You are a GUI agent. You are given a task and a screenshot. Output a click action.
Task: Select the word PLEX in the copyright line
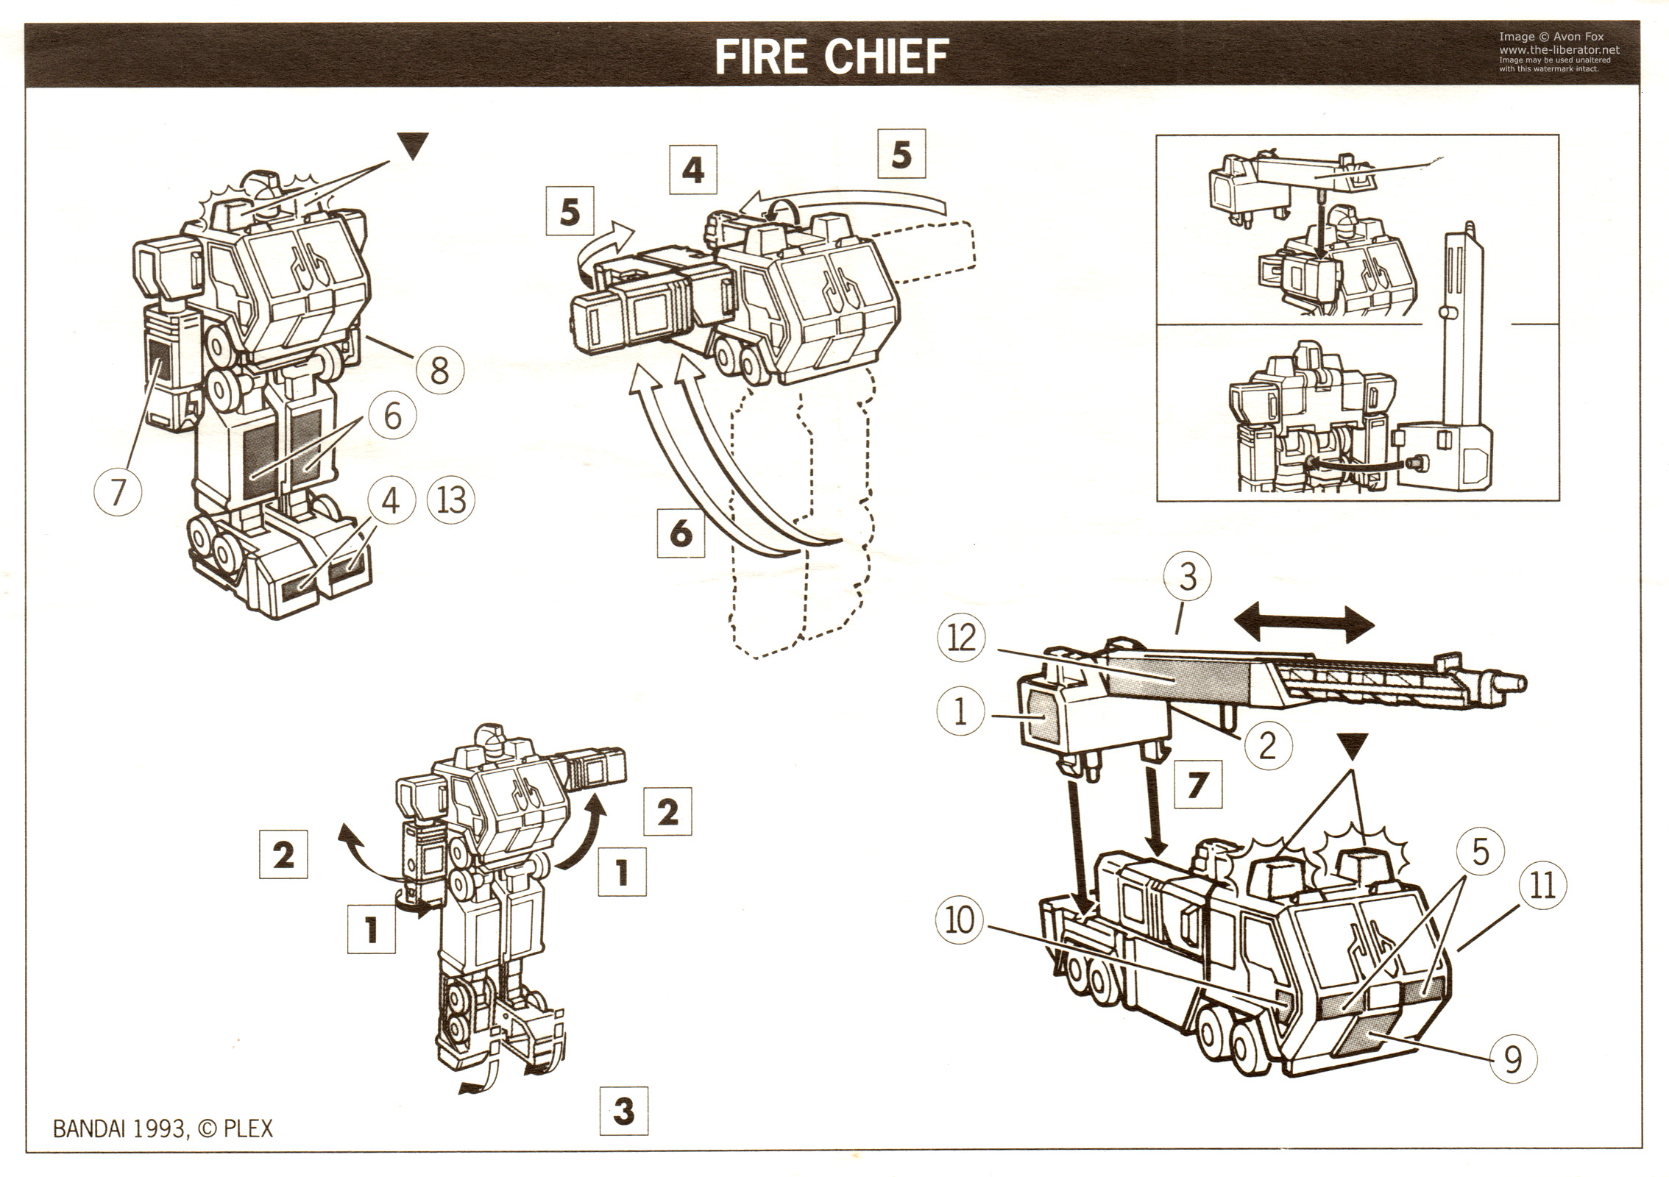(x=248, y=1128)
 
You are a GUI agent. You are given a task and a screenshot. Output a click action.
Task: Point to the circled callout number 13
(x=451, y=500)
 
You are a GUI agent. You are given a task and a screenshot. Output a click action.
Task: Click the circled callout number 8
(x=439, y=369)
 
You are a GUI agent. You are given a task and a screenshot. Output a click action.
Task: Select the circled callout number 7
(x=118, y=491)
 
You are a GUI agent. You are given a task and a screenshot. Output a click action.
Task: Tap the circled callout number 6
(x=392, y=416)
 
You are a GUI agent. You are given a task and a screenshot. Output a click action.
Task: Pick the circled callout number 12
(x=962, y=637)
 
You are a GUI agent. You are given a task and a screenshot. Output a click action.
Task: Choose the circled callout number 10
(x=959, y=920)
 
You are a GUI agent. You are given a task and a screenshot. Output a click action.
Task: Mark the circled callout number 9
(x=1513, y=1060)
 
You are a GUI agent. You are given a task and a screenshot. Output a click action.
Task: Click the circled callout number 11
(x=1542, y=885)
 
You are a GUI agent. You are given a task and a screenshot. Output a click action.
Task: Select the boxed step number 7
(x=1196, y=786)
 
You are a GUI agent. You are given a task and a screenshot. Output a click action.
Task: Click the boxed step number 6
(x=681, y=532)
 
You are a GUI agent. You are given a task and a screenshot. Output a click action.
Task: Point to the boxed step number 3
(x=624, y=1110)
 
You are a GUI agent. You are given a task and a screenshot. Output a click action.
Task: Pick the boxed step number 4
(x=692, y=171)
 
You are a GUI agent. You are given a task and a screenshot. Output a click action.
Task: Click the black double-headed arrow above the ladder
(x=1303, y=626)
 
